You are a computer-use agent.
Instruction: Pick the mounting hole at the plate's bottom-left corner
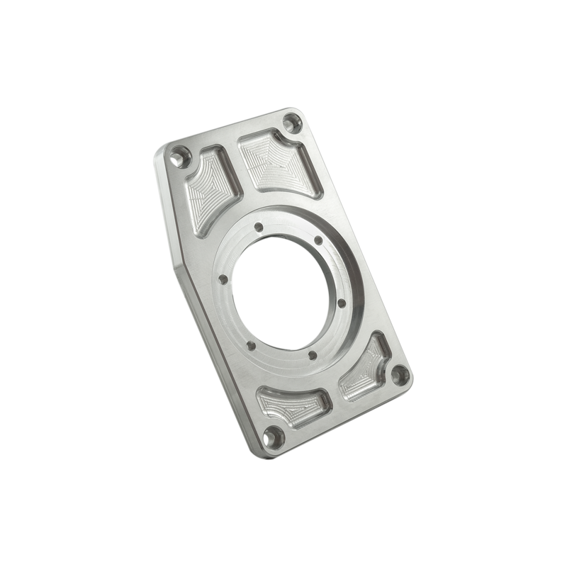click(x=271, y=436)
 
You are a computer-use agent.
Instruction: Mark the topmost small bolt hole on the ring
click(x=259, y=227)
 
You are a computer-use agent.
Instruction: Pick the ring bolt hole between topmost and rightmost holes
click(x=320, y=240)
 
